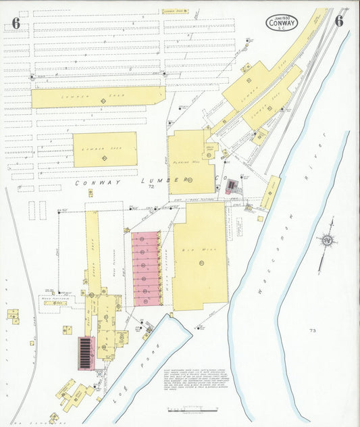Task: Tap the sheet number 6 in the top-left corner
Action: (16, 23)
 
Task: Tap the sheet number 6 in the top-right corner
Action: (338, 21)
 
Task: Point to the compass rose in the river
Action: (328, 240)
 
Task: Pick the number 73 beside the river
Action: (312, 330)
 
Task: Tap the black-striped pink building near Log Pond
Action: (86, 353)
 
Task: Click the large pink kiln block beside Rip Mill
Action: (145, 268)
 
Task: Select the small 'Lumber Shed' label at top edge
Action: (176, 11)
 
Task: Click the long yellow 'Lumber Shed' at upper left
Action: (98, 97)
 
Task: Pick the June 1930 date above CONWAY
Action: (280, 15)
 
